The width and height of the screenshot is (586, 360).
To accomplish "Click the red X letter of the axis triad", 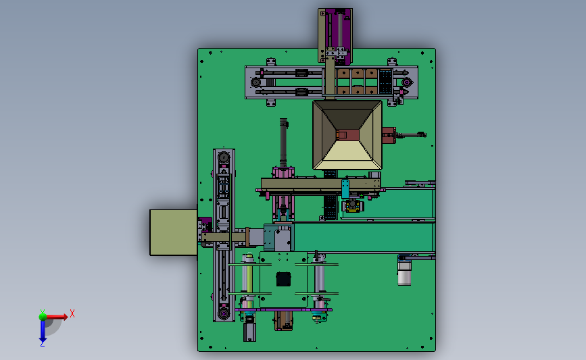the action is point(72,313).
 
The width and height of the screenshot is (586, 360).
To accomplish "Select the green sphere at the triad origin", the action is point(43,317).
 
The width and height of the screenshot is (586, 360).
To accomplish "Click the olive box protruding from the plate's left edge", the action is point(174,232).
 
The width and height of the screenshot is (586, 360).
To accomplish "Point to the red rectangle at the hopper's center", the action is point(347,135).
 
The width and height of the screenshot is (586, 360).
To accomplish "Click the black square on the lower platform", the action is point(283,280).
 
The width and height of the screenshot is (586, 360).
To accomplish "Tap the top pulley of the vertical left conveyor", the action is point(224,157).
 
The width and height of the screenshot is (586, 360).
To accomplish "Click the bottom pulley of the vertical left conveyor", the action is point(224,313).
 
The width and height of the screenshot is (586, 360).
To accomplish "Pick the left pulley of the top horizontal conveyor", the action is point(256,82).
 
